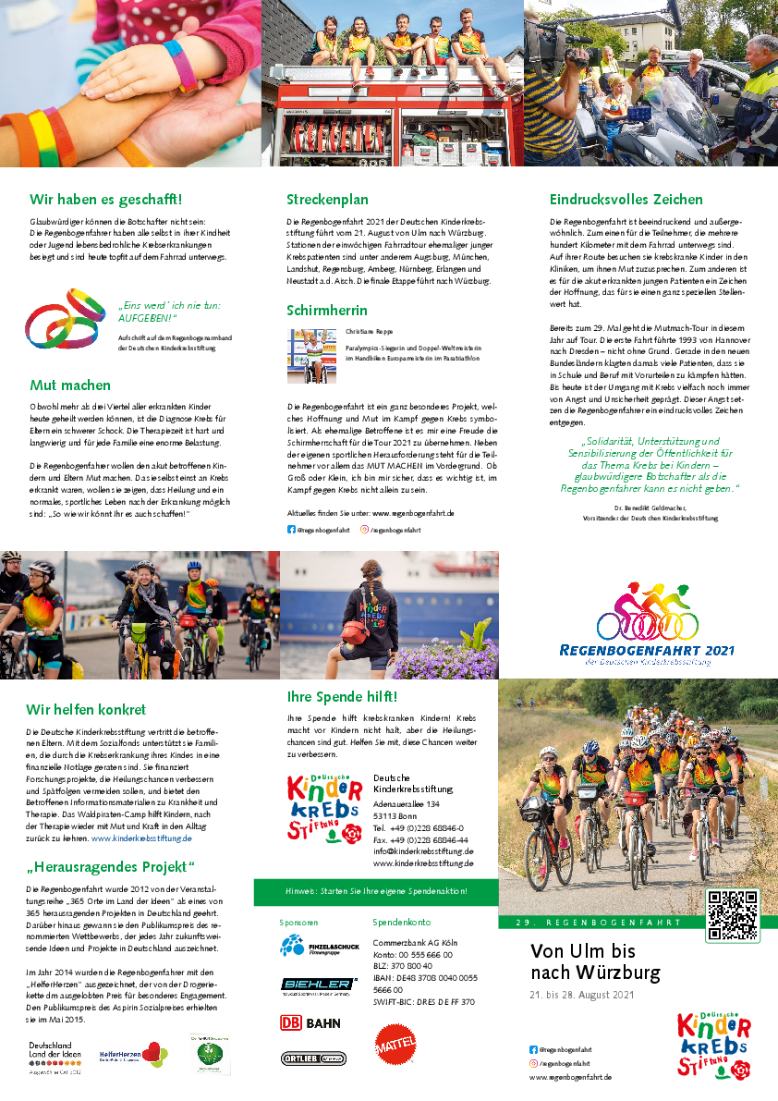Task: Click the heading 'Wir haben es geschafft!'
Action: pyautogui.click(x=105, y=199)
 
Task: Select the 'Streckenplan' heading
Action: pyautogui.click(x=327, y=199)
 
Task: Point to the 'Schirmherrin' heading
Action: pyautogui.click(x=326, y=310)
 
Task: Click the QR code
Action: pyautogui.click(x=733, y=914)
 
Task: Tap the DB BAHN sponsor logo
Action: pyautogui.click(x=310, y=1023)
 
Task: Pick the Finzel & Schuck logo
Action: pyautogui.click(x=318, y=947)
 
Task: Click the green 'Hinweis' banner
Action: pyautogui.click(x=375, y=891)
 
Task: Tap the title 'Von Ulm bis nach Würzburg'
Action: pyautogui.click(x=595, y=961)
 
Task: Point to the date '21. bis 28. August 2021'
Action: pyautogui.click(x=581, y=995)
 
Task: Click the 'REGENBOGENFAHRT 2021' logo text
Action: pyautogui.click(x=647, y=651)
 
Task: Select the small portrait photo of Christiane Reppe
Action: pyautogui.click(x=311, y=356)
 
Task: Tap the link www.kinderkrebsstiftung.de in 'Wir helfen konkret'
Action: pyautogui.click(x=141, y=838)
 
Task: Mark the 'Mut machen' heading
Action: pyautogui.click(x=70, y=385)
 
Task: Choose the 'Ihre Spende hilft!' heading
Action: pyautogui.click(x=342, y=696)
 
